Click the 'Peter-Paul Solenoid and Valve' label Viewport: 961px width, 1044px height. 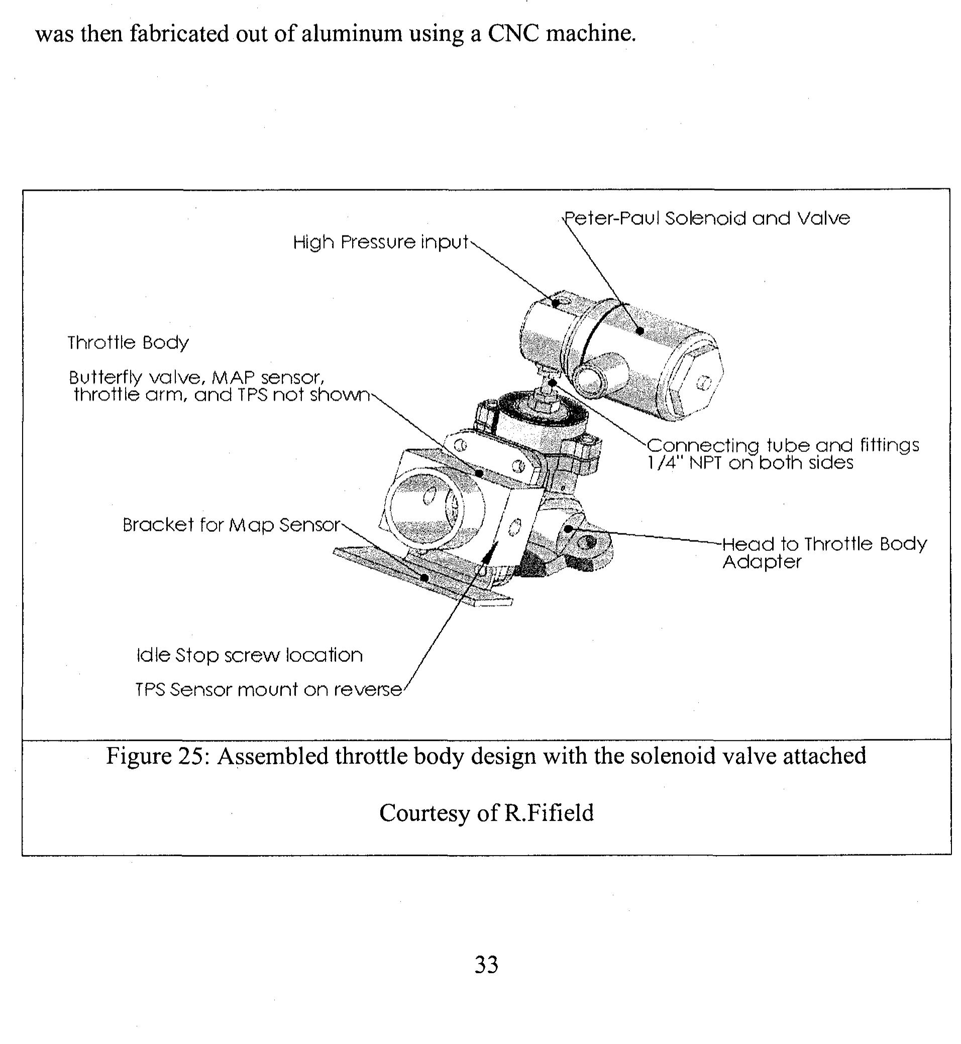click(x=707, y=218)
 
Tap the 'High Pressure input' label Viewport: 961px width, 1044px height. click(x=380, y=242)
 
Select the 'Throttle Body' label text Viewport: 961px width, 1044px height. click(x=128, y=342)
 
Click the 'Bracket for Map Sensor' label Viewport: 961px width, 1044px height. click(x=232, y=525)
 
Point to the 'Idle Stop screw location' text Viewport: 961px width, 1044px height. click(x=249, y=655)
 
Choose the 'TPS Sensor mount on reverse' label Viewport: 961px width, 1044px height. click(x=268, y=690)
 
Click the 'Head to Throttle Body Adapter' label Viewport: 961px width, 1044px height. click(x=824, y=553)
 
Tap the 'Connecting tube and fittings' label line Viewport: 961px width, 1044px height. click(x=783, y=445)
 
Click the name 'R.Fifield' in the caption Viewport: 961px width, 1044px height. click(x=549, y=813)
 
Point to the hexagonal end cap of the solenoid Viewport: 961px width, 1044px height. click(x=697, y=384)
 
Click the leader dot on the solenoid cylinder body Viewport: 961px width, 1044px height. click(x=640, y=330)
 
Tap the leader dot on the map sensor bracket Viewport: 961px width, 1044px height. click(x=425, y=577)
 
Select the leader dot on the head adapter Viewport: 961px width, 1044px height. click(x=568, y=529)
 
